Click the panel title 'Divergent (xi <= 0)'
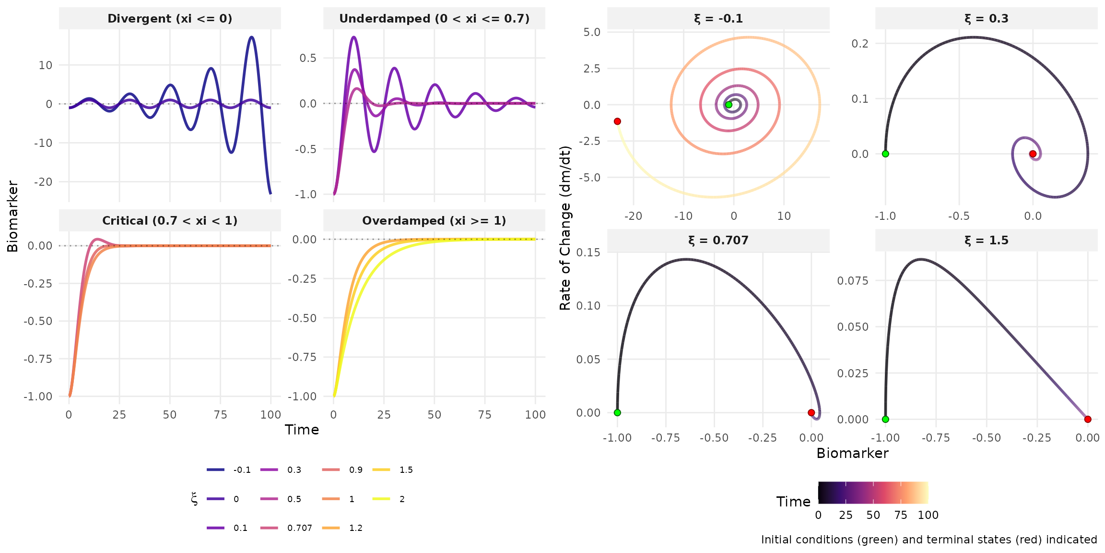click(170, 19)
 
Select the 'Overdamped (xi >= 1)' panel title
click(434, 221)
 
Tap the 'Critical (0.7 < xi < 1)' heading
click(170, 221)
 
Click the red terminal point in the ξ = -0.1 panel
click(617, 121)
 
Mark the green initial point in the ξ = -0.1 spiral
click(729, 105)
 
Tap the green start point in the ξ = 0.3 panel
click(885, 154)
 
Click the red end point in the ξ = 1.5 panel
click(1088, 419)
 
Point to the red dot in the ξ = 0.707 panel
click(811, 412)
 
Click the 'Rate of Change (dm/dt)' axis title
click(565, 228)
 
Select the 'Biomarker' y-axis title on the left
click(13, 216)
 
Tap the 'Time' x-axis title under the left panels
click(302, 430)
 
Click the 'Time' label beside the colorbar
click(793, 502)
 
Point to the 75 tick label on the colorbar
click(901, 515)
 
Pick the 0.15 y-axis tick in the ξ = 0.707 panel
click(588, 252)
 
